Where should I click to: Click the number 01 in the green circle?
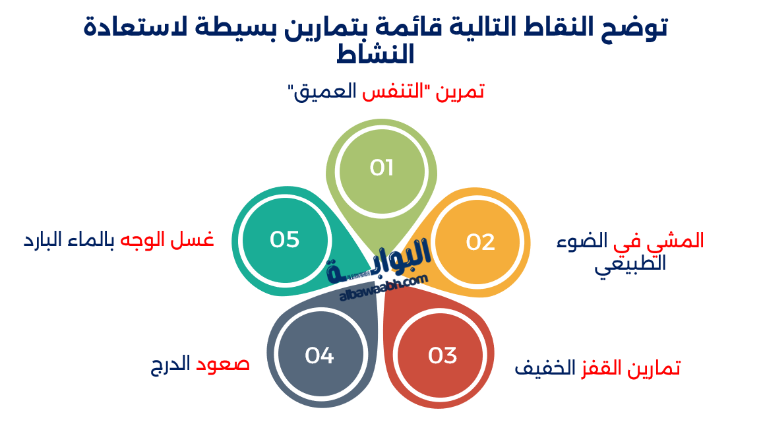point(381,168)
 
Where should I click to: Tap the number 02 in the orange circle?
point(480,243)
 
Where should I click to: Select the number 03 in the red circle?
point(443,356)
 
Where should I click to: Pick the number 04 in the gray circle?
point(319,356)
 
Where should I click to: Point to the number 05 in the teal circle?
point(285,239)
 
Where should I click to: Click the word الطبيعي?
point(630,264)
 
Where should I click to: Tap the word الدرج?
point(170,364)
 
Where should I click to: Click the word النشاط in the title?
point(375,54)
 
